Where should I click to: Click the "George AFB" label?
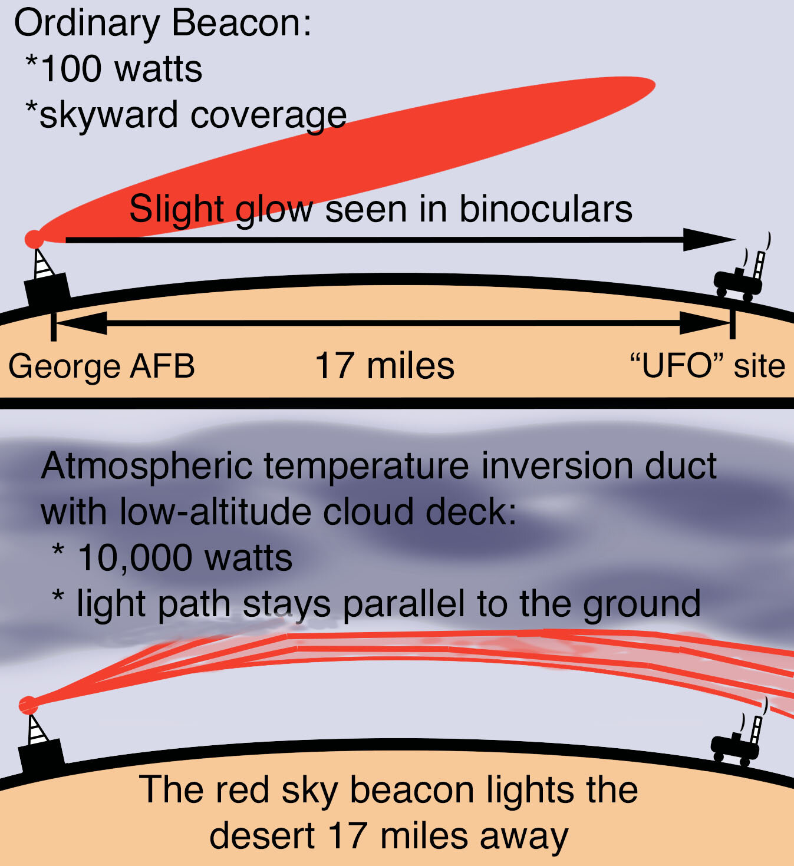tap(101, 366)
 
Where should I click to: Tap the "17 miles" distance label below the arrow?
tap(384, 366)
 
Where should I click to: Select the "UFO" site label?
tap(707, 366)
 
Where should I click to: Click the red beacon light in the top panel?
tap(34, 239)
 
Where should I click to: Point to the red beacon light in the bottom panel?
tap(28, 705)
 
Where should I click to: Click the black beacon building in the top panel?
tap(47, 289)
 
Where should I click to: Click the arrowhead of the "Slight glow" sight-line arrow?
tap(709, 240)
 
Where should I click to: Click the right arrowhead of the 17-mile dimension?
tap(705, 323)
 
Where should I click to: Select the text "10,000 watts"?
tap(185, 558)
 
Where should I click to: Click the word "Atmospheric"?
tap(147, 467)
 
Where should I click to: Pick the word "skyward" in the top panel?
tap(108, 115)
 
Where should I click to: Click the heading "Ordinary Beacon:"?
tap(163, 24)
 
